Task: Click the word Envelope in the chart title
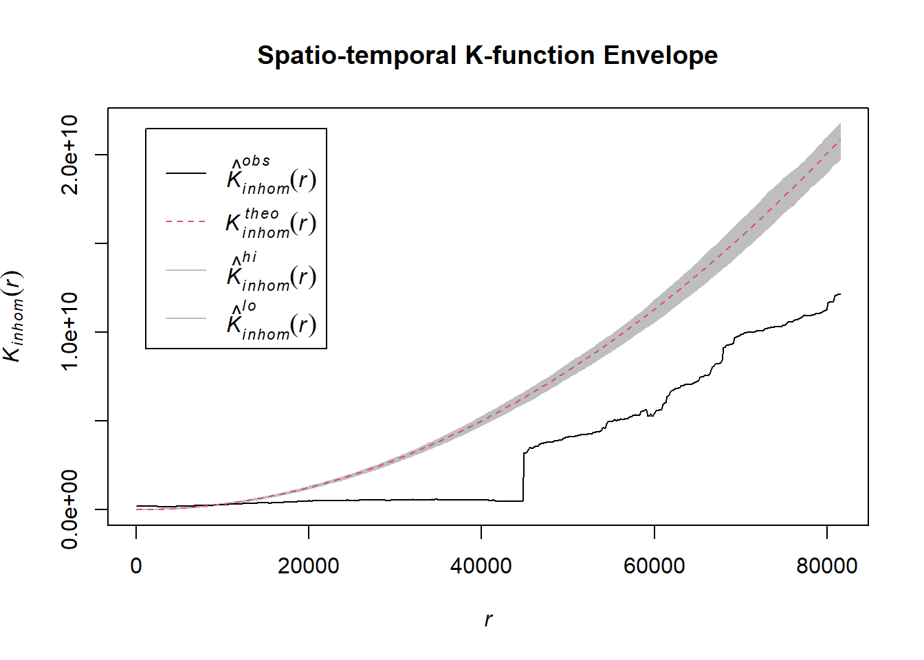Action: click(x=660, y=55)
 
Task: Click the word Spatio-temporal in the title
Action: click(x=357, y=55)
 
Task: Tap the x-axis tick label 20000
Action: click(x=309, y=566)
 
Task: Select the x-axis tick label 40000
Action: click(x=481, y=566)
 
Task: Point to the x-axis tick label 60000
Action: click(x=654, y=566)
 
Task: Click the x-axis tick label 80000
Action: click(x=826, y=566)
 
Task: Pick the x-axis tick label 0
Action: click(x=136, y=566)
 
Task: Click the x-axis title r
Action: click(x=488, y=619)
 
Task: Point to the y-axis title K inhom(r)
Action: click(x=14, y=316)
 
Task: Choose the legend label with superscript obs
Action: click(x=271, y=175)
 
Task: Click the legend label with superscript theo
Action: click(x=271, y=223)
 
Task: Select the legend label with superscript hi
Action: click(x=271, y=272)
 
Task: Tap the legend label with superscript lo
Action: click(x=271, y=320)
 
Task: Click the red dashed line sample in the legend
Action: click(x=186, y=221)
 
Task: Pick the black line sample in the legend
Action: click(x=186, y=173)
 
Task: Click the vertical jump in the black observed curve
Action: click(x=524, y=476)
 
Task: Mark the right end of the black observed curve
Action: click(x=839, y=294)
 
